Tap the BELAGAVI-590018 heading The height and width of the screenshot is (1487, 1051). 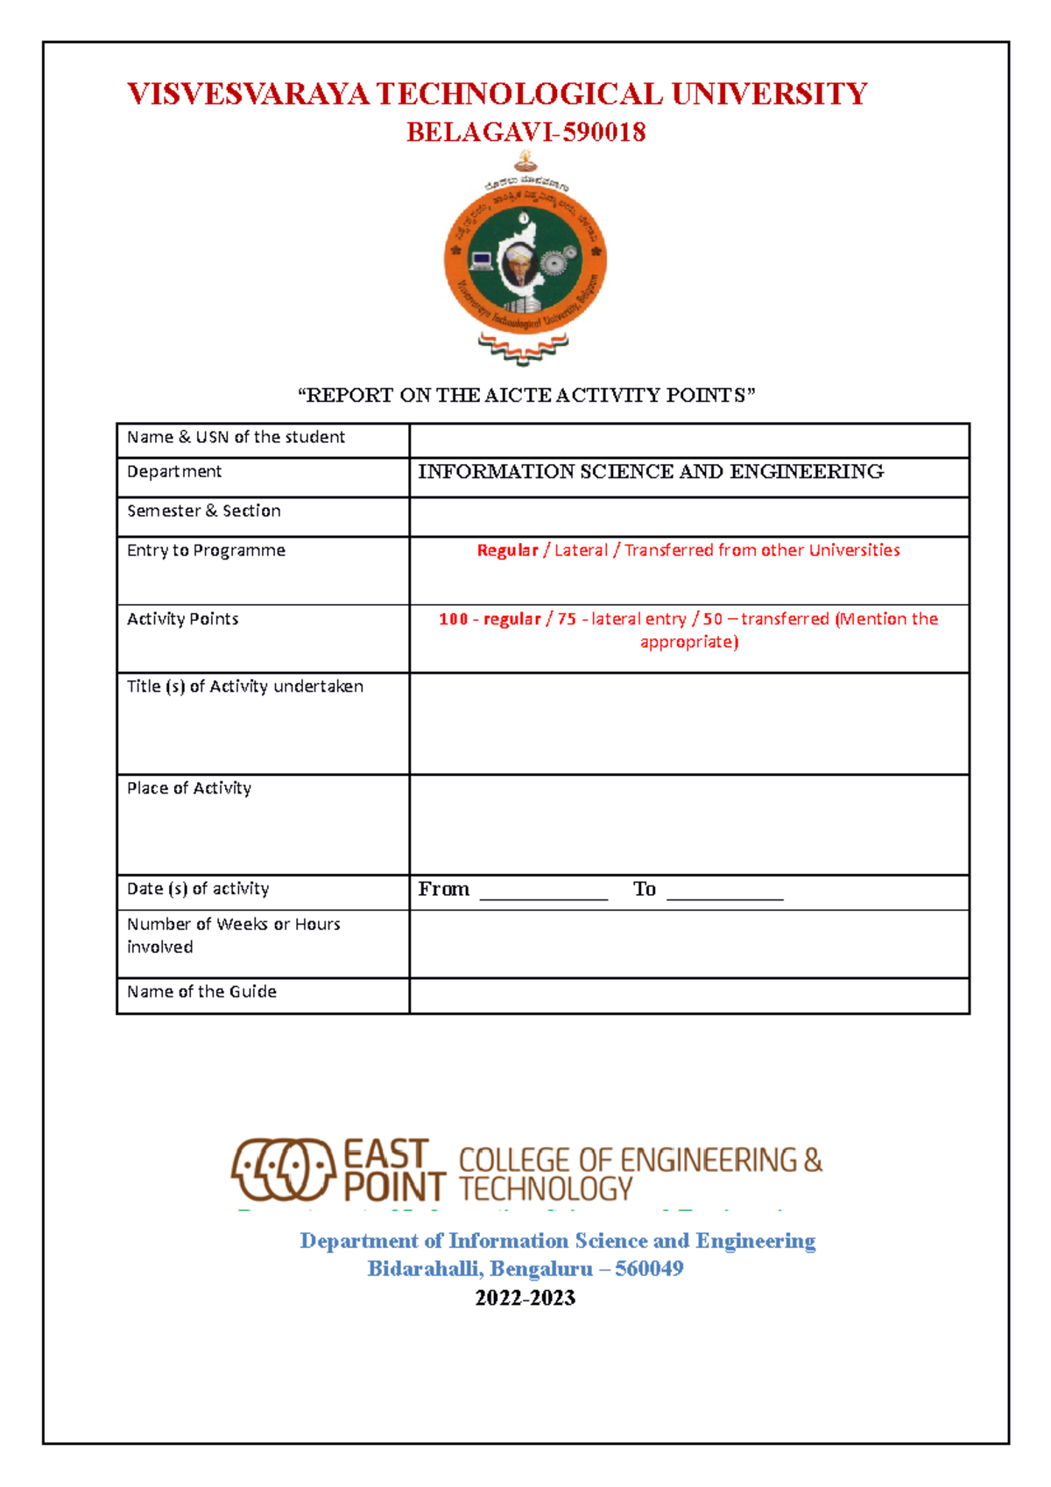point(525,132)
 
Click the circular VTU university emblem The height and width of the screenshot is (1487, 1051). point(525,258)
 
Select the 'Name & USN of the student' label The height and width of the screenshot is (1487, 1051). point(236,437)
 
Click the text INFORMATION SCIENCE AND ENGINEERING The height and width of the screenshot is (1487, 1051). point(650,472)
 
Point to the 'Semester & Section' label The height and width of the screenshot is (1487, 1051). point(203,511)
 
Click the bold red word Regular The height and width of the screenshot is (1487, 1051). point(507,550)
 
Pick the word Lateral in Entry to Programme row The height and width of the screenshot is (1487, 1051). point(581,550)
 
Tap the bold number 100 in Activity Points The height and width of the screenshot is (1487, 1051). point(453,619)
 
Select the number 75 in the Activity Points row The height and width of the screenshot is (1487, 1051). point(567,619)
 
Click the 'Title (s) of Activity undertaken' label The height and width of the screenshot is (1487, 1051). point(244,687)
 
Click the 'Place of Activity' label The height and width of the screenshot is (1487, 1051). point(188,788)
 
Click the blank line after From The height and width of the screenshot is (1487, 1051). point(543,893)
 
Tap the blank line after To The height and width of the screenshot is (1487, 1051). point(724,893)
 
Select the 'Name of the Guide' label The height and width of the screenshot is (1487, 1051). point(201,991)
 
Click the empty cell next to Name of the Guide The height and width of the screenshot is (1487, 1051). point(688,996)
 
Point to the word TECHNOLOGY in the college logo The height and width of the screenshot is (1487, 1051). point(545,1189)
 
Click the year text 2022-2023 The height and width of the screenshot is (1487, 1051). point(525,1298)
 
